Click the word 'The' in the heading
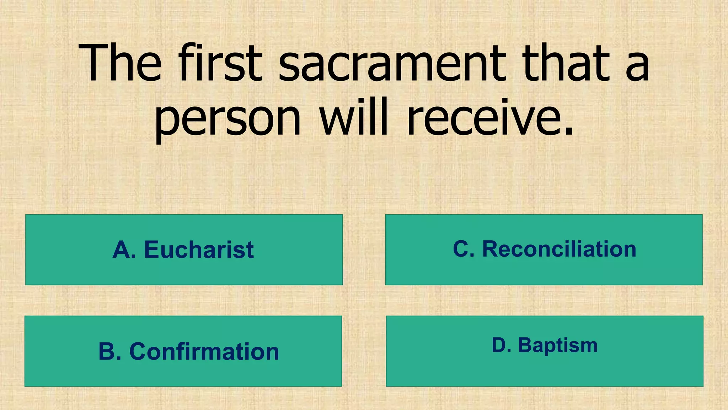pyautogui.click(x=120, y=63)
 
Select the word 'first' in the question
pyautogui.click(x=220, y=63)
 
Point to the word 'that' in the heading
pyautogui.click(x=566, y=63)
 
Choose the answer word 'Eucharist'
pyautogui.click(x=199, y=250)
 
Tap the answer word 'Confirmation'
pyautogui.click(x=204, y=352)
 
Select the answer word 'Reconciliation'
pyautogui.click(x=559, y=249)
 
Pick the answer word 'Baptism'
pyautogui.click(x=558, y=346)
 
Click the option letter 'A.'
pyautogui.click(x=124, y=250)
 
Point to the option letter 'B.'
pyautogui.click(x=110, y=352)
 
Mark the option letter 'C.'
pyautogui.click(x=464, y=249)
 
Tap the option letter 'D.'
pyautogui.click(x=501, y=346)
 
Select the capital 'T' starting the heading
pyautogui.click(x=95, y=63)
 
